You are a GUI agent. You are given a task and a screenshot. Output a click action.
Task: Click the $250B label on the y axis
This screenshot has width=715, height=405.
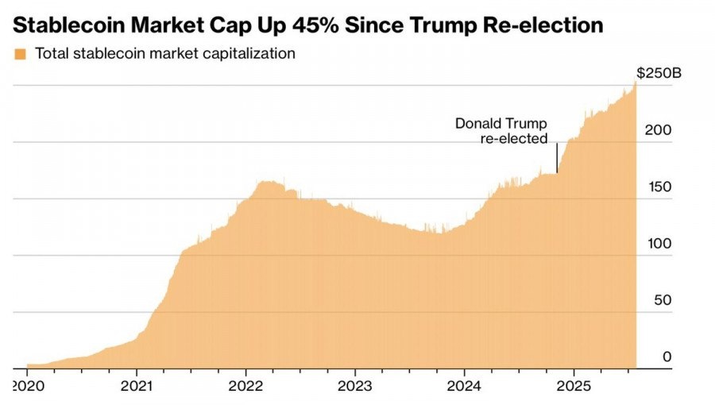pyautogui.click(x=659, y=73)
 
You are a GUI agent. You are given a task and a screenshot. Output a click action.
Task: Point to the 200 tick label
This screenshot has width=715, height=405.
pyautogui.click(x=661, y=130)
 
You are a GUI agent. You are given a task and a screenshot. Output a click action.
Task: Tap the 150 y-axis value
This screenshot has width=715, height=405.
pyautogui.click(x=661, y=187)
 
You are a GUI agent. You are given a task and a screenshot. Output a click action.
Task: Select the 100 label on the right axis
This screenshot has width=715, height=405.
pyautogui.click(x=661, y=244)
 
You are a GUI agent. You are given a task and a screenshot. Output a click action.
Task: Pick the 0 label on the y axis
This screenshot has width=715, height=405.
pyautogui.click(x=667, y=357)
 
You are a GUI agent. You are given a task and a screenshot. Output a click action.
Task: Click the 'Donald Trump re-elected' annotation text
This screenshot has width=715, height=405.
pyautogui.click(x=501, y=131)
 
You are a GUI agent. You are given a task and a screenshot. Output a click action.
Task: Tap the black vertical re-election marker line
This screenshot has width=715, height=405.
pyautogui.click(x=557, y=157)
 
